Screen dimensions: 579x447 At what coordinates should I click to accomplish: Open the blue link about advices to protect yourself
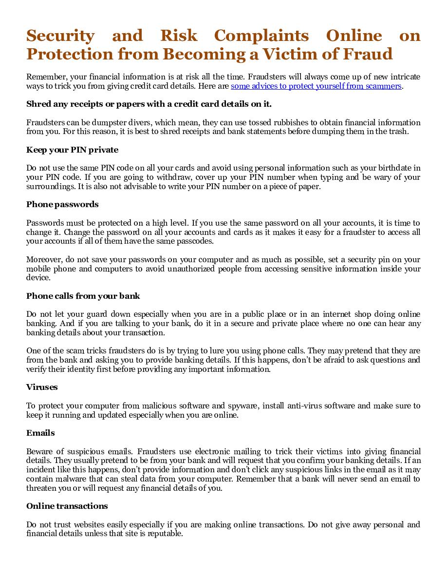coord(316,86)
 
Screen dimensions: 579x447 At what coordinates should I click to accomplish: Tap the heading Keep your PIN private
coord(72,150)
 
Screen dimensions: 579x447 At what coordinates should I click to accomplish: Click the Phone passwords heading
coord(62,204)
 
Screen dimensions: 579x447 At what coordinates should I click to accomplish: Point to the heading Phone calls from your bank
coord(83,296)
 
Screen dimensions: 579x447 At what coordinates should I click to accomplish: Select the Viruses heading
coord(42,387)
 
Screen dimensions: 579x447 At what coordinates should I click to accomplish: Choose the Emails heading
coord(40,433)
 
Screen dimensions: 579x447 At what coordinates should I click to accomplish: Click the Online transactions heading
coord(67,506)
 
